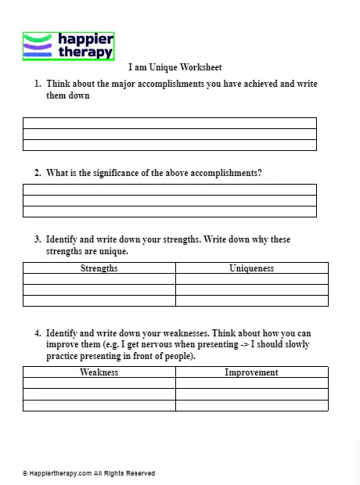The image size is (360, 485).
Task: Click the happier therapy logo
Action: tap(68, 46)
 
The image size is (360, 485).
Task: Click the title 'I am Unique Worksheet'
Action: tap(175, 68)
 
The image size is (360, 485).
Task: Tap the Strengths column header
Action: tap(99, 268)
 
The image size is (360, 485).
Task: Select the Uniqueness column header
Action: tap(251, 268)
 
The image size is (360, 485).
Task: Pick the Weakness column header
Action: tap(99, 372)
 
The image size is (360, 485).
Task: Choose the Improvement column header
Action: tap(251, 372)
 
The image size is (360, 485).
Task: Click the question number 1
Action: tap(37, 84)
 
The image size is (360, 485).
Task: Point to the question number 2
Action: tap(37, 173)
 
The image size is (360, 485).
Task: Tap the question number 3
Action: tap(37, 239)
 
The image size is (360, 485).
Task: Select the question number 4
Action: tap(37, 332)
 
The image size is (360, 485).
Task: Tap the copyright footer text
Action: tap(88, 473)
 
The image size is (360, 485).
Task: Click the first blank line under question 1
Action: tap(170, 123)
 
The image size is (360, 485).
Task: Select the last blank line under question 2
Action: tap(170, 211)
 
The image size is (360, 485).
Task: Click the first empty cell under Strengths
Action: tap(99, 278)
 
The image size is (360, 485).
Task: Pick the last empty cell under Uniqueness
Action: tap(251, 300)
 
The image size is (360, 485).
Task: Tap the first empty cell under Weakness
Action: tap(99, 383)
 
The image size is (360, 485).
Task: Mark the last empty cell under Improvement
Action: tap(251, 405)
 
